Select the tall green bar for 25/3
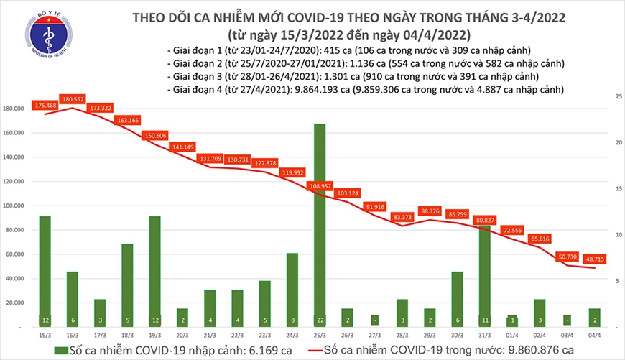(x=320, y=223)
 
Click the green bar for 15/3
(x=45, y=269)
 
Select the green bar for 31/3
(x=486, y=277)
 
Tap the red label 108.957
(x=320, y=185)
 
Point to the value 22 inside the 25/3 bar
(x=320, y=320)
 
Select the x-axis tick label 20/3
(x=182, y=334)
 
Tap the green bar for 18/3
(x=127, y=284)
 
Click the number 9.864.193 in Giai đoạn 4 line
(x=305, y=91)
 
